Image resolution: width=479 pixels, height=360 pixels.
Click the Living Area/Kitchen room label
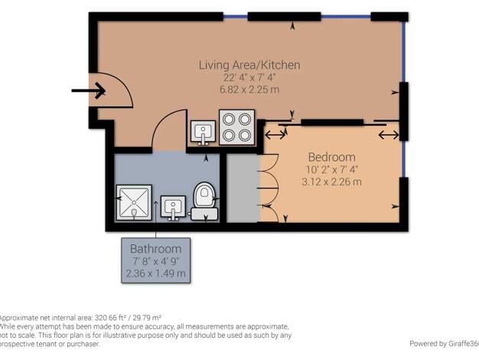point(249,65)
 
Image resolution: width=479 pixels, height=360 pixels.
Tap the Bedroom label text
point(332,157)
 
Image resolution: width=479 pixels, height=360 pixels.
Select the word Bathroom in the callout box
point(156,249)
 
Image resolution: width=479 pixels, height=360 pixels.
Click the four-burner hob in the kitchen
point(236,127)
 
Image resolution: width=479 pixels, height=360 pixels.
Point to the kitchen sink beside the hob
point(203,133)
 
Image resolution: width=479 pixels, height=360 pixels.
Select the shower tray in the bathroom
point(134,202)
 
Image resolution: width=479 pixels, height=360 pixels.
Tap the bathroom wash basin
point(173,208)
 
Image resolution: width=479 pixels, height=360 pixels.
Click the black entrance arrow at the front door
point(89,90)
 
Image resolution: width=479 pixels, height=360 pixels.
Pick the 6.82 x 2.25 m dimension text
point(249,90)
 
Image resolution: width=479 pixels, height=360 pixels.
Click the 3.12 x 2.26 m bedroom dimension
point(331,182)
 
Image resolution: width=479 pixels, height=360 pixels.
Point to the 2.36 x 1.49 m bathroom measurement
point(156,273)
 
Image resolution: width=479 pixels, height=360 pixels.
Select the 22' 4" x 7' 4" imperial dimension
point(249,77)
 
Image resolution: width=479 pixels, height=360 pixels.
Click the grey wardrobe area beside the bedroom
point(243,188)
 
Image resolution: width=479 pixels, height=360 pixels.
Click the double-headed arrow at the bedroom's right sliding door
point(389,135)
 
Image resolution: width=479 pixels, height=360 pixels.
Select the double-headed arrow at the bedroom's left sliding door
point(275,135)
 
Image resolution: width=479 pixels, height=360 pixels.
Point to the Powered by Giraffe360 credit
point(444,343)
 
